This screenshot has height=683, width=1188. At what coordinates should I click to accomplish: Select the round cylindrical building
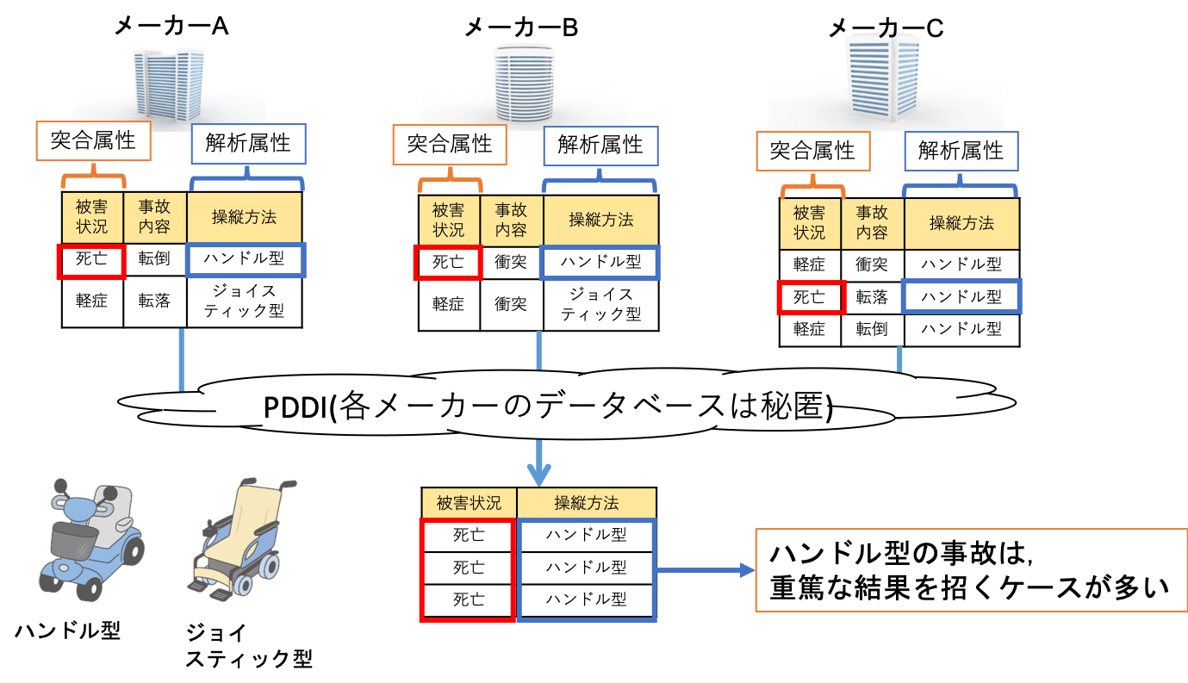525,84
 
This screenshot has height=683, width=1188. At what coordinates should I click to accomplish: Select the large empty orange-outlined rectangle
971,570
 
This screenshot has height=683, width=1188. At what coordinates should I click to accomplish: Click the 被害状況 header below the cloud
469,503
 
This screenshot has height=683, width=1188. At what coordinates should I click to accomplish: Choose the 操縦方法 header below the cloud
586,503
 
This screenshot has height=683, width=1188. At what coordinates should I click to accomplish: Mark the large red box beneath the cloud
468,569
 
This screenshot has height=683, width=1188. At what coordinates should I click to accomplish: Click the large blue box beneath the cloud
586,569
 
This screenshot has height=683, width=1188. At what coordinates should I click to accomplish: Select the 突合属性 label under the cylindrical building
450,145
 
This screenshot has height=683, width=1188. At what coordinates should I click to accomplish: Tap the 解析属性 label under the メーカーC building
961,151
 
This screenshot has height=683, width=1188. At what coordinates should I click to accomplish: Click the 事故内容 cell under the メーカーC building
872,224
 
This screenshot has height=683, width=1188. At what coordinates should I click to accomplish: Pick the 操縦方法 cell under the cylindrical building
600,220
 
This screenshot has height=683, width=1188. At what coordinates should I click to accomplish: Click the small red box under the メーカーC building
811,298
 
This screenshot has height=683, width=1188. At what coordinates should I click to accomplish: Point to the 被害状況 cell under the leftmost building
92,217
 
